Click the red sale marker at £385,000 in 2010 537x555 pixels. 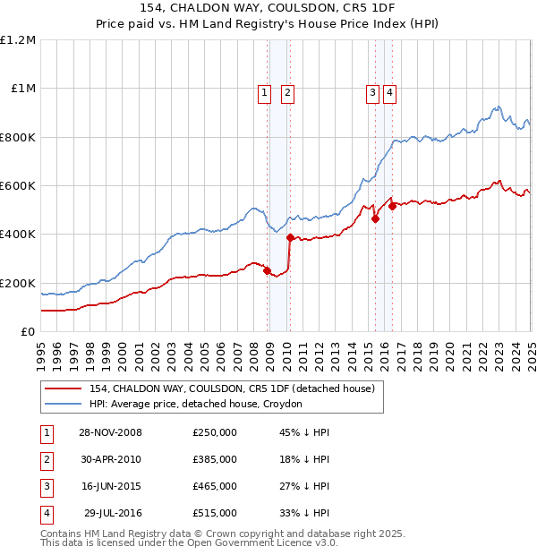click(290, 238)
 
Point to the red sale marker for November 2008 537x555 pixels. click(267, 270)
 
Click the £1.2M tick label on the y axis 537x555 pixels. click(18, 40)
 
